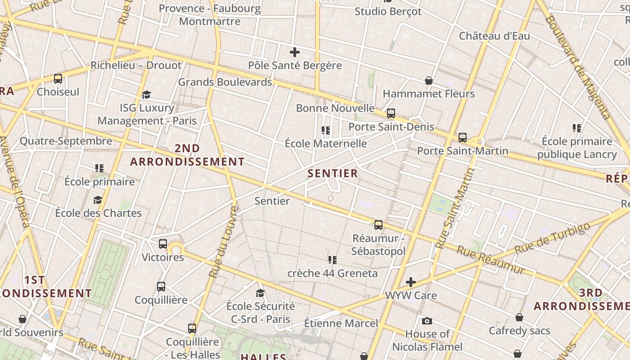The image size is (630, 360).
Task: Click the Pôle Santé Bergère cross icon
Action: pos(295,52)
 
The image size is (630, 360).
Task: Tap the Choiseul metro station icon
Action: pos(58,79)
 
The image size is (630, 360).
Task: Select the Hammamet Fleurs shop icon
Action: pos(429,81)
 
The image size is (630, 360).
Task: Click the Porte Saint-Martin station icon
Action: pos(463,138)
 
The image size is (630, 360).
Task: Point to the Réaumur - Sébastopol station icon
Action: pos(378,225)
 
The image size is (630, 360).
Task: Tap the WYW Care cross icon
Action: pos(410,282)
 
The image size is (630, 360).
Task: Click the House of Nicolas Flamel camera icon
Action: pos(427,321)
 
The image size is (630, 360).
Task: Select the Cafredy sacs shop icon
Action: pos(519,317)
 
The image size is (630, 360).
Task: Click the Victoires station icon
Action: pos(163,244)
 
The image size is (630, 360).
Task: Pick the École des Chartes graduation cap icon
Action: pos(98,200)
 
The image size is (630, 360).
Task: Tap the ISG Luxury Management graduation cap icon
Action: pos(146,94)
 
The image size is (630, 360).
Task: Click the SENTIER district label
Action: pos(333,173)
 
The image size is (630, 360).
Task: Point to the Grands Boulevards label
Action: pos(225,82)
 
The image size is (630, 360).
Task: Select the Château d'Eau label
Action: pos(494,36)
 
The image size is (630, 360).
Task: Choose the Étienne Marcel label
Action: pos(341,323)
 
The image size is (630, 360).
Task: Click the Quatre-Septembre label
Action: pos(66,141)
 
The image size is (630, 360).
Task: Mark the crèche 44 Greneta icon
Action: pos(333,260)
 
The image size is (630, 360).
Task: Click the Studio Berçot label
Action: pos(388,12)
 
